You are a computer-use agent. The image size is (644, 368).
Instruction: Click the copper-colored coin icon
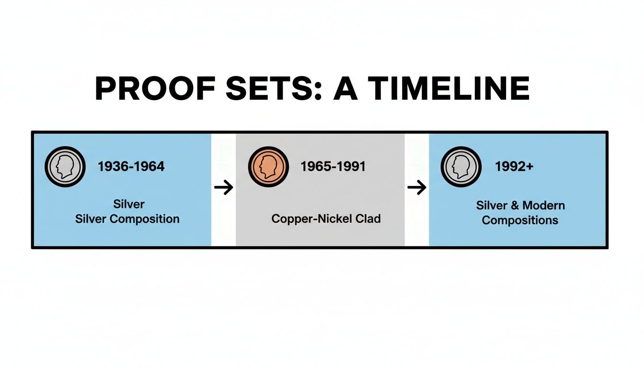click(268, 167)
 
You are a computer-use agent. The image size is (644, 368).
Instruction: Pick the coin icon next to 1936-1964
click(65, 167)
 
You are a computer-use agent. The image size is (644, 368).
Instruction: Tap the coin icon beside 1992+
click(460, 167)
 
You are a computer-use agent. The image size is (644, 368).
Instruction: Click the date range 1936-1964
click(131, 167)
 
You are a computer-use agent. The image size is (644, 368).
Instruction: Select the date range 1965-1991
click(333, 167)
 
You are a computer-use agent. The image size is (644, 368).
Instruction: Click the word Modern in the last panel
click(543, 206)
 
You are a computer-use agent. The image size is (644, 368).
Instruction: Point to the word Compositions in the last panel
click(520, 220)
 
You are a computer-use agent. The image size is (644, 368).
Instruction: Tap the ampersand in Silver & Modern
click(514, 206)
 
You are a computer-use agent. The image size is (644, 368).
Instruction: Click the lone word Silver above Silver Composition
click(129, 204)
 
